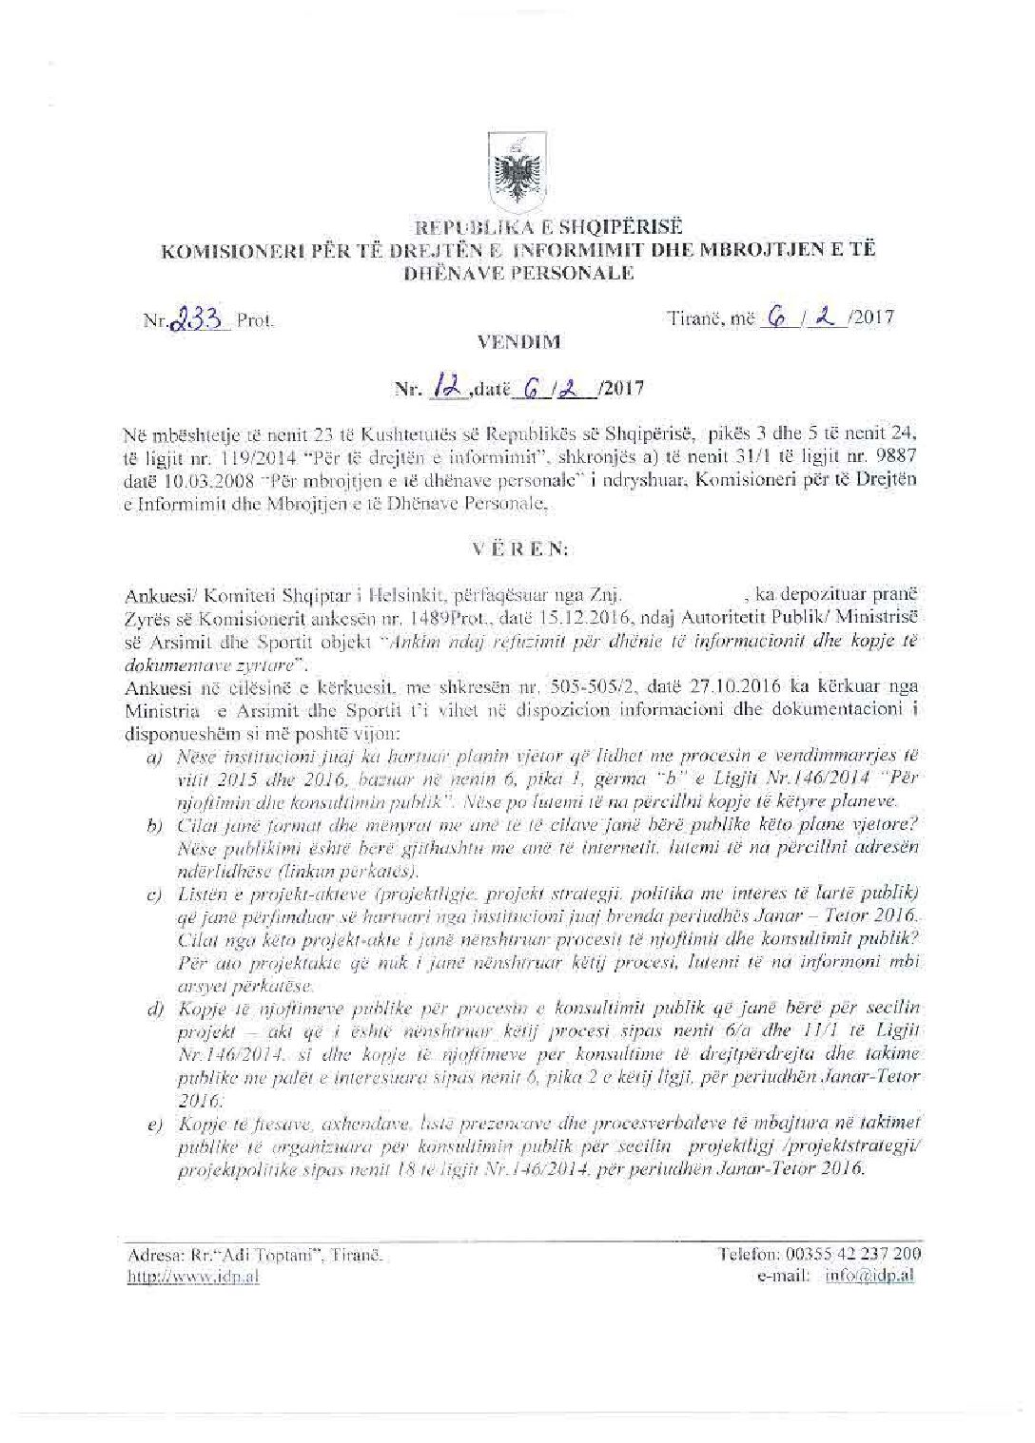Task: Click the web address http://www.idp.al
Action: (194, 1277)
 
